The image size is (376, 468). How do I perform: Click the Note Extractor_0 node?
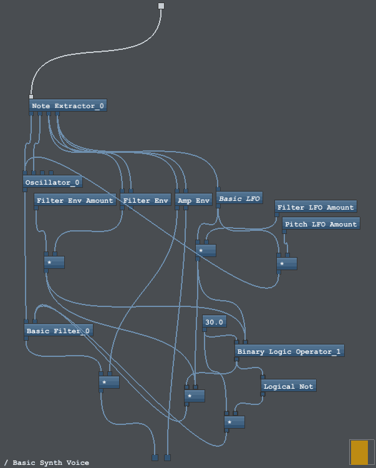pyautogui.click(x=68, y=106)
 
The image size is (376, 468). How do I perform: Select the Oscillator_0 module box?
pyautogui.click(x=52, y=182)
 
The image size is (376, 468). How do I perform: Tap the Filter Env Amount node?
pyautogui.click(x=75, y=200)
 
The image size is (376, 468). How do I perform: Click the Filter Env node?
pyautogui.click(x=145, y=200)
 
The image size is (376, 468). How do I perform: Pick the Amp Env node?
pyautogui.click(x=193, y=200)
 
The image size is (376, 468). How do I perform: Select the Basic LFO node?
pyautogui.click(x=239, y=198)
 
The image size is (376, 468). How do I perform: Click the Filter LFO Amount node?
pyautogui.click(x=316, y=207)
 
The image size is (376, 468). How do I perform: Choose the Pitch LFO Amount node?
pyautogui.click(x=321, y=224)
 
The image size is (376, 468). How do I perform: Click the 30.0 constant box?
pyautogui.click(x=215, y=322)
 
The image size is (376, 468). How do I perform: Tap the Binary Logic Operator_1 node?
pyautogui.click(x=289, y=351)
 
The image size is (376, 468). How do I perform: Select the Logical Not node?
pyautogui.click(x=288, y=386)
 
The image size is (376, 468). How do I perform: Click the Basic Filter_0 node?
pyautogui.click(x=59, y=331)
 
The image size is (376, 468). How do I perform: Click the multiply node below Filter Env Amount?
pyautogui.click(x=54, y=263)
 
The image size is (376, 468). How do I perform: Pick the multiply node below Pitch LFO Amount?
pyautogui.click(x=287, y=263)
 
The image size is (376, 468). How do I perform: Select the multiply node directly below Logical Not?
pyautogui.click(x=234, y=422)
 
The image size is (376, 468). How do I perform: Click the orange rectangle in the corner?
pyautogui.click(x=359, y=452)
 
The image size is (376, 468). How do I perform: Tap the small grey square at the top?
pyautogui.click(x=161, y=6)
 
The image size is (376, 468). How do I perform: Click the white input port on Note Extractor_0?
pyautogui.click(x=31, y=97)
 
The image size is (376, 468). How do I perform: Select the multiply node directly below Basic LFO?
pyautogui.click(x=206, y=250)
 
